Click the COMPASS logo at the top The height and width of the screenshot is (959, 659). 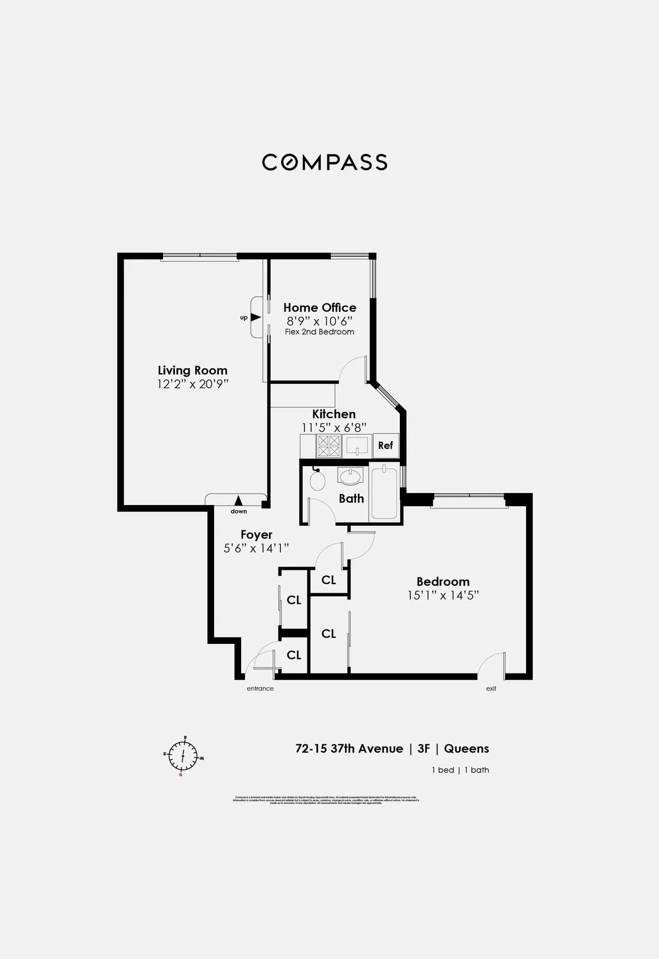tap(325, 162)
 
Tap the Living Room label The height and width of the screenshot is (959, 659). tap(192, 371)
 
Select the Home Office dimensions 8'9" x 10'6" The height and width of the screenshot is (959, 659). tap(320, 321)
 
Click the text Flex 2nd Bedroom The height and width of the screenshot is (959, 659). tap(320, 332)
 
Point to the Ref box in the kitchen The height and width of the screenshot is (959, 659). tap(386, 445)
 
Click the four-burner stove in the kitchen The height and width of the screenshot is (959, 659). tap(329, 446)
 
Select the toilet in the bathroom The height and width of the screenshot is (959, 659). tap(317, 480)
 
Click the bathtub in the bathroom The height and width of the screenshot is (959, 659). tap(384, 491)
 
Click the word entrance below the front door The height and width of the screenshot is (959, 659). tap(260, 688)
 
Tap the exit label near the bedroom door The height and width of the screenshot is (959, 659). tap(491, 688)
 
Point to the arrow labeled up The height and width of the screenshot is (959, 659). tap(255, 317)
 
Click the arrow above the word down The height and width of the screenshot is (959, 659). tap(238, 500)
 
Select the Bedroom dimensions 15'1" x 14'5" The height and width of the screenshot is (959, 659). tap(443, 595)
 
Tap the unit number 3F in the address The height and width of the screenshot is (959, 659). tap(423, 749)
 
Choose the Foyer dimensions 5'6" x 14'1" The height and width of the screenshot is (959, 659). tap(256, 548)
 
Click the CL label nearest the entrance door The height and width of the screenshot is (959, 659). tap(294, 655)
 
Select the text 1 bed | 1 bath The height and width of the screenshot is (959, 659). tap(460, 770)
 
